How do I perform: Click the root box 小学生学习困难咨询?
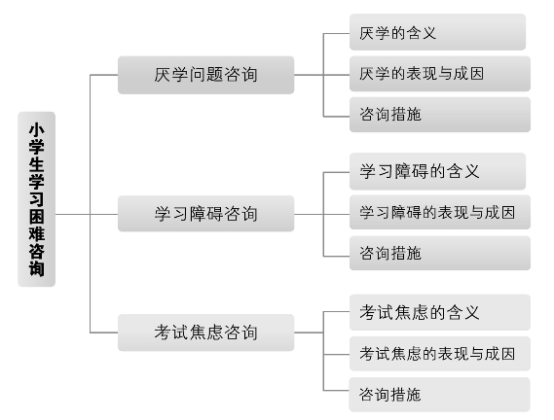tap(36, 199)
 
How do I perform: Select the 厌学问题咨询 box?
tap(206, 75)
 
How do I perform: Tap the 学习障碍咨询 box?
tap(206, 214)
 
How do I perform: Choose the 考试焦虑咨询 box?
tap(206, 332)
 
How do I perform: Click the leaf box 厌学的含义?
tap(438, 32)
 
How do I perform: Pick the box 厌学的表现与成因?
tap(440, 74)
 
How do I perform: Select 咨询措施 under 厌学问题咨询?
tap(440, 115)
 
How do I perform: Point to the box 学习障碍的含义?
tap(438, 171)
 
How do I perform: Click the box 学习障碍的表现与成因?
tap(440, 212)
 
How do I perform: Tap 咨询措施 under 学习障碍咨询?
tap(440, 253)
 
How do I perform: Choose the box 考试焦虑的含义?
tap(440, 312)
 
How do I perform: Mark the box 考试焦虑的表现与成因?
tap(440, 354)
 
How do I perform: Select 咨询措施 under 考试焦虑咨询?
tap(439, 395)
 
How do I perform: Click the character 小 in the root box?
tap(36, 129)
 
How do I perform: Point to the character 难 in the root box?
tap(36, 233)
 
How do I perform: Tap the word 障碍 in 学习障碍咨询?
tap(206, 214)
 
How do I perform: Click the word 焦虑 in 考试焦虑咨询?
tap(206, 332)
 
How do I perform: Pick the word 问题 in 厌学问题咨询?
tap(206, 75)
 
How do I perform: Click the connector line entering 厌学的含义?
tap(336, 33)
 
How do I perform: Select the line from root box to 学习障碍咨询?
tap(87, 214)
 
